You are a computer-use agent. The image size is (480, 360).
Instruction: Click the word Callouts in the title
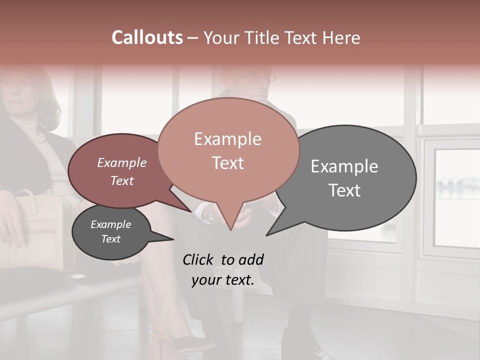(147, 37)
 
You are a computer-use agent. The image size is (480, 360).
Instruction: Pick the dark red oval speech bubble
(100, 190)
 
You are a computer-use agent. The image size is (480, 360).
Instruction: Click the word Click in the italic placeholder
(199, 259)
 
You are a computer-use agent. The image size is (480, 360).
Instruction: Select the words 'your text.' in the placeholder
(222, 280)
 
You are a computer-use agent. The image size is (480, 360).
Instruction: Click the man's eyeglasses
(267, 78)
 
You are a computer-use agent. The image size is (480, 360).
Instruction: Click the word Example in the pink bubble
(227, 139)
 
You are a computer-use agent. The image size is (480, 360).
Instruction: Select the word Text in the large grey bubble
(344, 190)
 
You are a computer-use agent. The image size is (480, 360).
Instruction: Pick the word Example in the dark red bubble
(121, 162)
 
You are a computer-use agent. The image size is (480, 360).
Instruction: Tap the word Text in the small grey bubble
(110, 239)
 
